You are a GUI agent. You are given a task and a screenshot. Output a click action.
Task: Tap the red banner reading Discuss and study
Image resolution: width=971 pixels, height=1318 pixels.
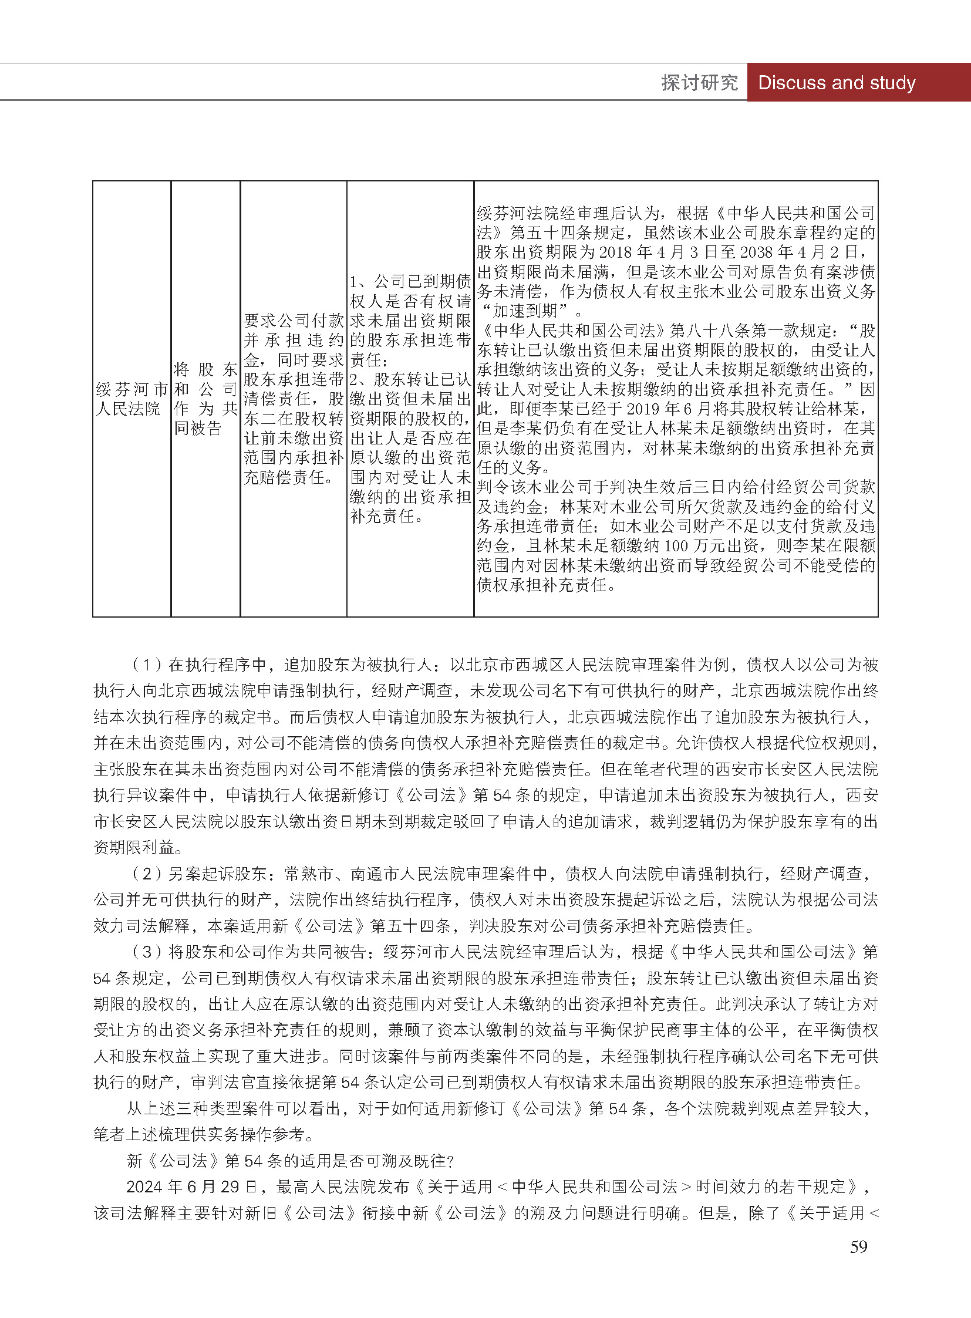coord(837,83)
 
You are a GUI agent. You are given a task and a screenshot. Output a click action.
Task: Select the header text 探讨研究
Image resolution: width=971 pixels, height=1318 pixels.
coord(699,83)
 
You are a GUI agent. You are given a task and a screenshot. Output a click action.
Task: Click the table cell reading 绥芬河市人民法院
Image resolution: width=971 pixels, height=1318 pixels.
coord(132,399)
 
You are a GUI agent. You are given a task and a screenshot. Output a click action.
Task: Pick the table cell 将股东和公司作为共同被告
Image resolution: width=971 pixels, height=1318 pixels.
coord(205,399)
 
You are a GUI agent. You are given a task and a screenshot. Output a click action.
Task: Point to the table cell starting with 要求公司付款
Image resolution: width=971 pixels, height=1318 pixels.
coord(294,399)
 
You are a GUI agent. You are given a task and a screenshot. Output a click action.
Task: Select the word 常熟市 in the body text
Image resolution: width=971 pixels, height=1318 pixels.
coord(309,874)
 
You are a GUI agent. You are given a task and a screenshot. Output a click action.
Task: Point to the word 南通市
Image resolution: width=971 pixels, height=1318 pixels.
coord(375,874)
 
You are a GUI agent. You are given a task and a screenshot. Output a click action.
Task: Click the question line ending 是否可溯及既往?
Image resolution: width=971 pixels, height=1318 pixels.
coord(291,1161)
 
